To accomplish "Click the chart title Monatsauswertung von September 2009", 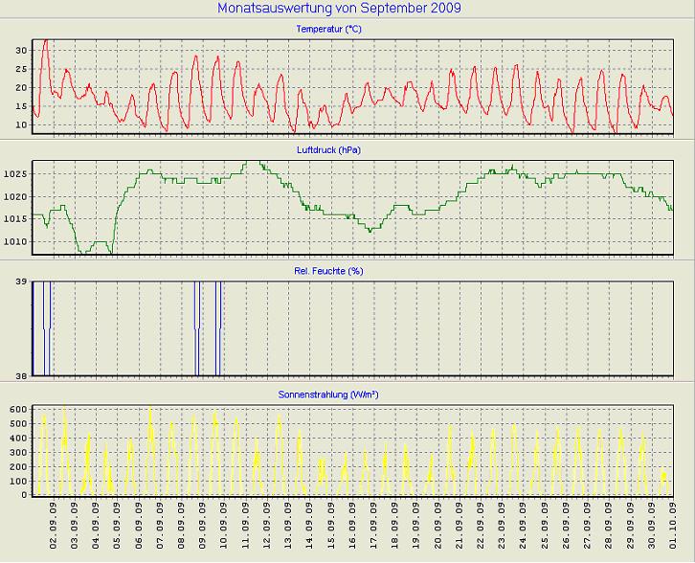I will [x=339, y=8].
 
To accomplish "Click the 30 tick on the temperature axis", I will [x=21, y=49].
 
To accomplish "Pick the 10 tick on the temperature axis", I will [x=21, y=124].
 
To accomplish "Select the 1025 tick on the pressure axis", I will [x=15, y=174].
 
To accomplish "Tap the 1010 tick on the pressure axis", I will [x=15, y=241].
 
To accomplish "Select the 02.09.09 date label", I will [x=55, y=525].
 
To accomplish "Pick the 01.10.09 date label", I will [x=673, y=525].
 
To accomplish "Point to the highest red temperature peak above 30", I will [x=45, y=40].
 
